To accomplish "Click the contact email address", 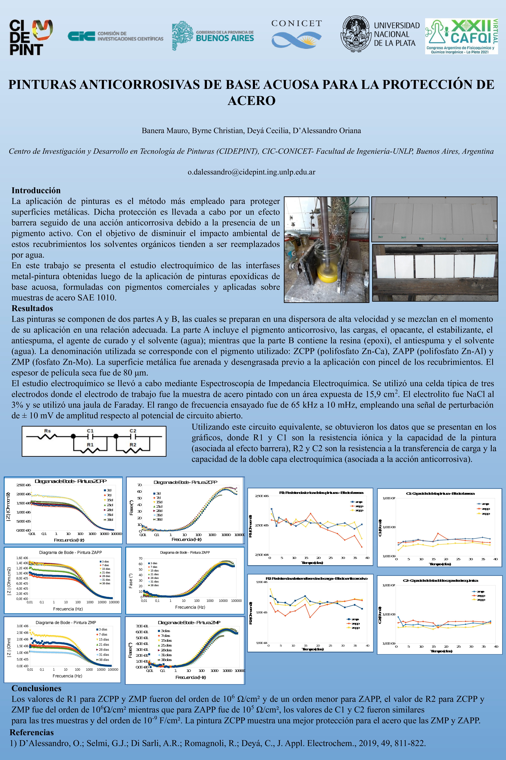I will click(251, 172).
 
